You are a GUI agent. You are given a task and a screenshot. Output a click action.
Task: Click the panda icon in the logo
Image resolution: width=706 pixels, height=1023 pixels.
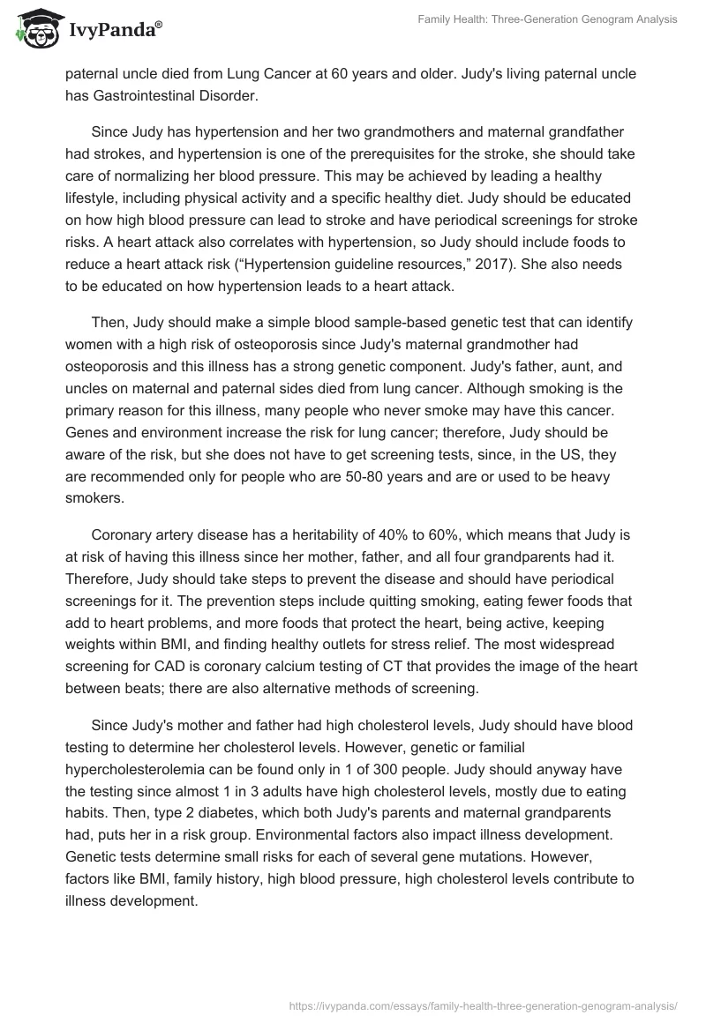pyautogui.click(x=34, y=30)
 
